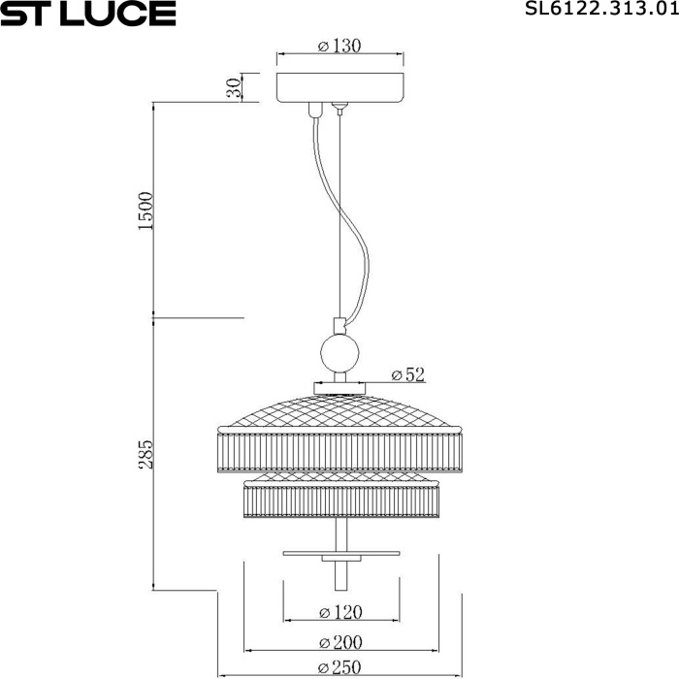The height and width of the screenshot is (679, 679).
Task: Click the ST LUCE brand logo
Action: click(x=88, y=14)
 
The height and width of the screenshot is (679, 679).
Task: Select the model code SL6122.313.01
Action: click(x=598, y=11)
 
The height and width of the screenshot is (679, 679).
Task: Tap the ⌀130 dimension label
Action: click(x=339, y=47)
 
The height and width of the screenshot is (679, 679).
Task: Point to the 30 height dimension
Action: click(x=233, y=87)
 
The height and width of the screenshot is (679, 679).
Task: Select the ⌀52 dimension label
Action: click(x=407, y=373)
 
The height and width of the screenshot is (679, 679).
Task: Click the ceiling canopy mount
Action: click(x=339, y=87)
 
